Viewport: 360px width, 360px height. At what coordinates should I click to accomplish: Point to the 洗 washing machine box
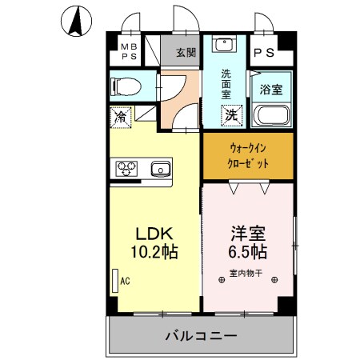pyautogui.click(x=230, y=114)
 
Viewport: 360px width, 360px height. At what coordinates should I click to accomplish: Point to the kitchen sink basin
pyautogui.click(x=160, y=168)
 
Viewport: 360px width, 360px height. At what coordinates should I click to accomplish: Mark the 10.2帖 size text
pyautogui.click(x=152, y=252)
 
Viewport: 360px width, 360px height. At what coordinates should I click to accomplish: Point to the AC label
pyautogui.click(x=125, y=281)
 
